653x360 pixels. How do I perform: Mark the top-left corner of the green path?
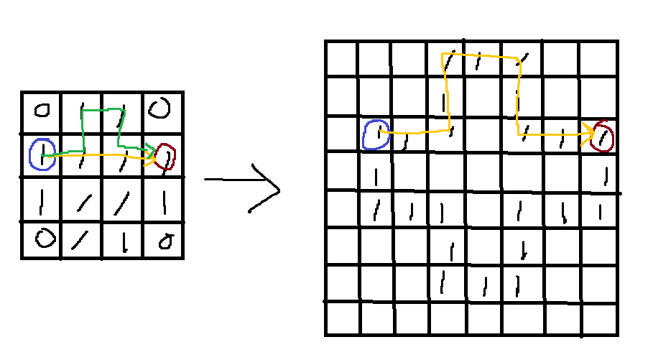click(83, 111)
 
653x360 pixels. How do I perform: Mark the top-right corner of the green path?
click(124, 110)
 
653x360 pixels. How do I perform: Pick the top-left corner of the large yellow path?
click(443, 54)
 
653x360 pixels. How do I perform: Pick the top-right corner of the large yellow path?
click(519, 58)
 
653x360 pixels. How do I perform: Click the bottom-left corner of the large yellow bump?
click(449, 130)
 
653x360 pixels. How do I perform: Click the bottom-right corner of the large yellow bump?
click(518, 134)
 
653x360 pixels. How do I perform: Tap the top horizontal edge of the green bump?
click(103, 110)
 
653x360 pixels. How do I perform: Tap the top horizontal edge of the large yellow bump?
click(480, 55)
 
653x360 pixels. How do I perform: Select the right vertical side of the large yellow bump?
click(518, 97)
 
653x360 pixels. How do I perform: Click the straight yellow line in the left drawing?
click(101, 154)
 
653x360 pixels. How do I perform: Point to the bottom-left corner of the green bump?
click(83, 151)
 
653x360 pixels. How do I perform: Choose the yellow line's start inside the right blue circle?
click(381, 131)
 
